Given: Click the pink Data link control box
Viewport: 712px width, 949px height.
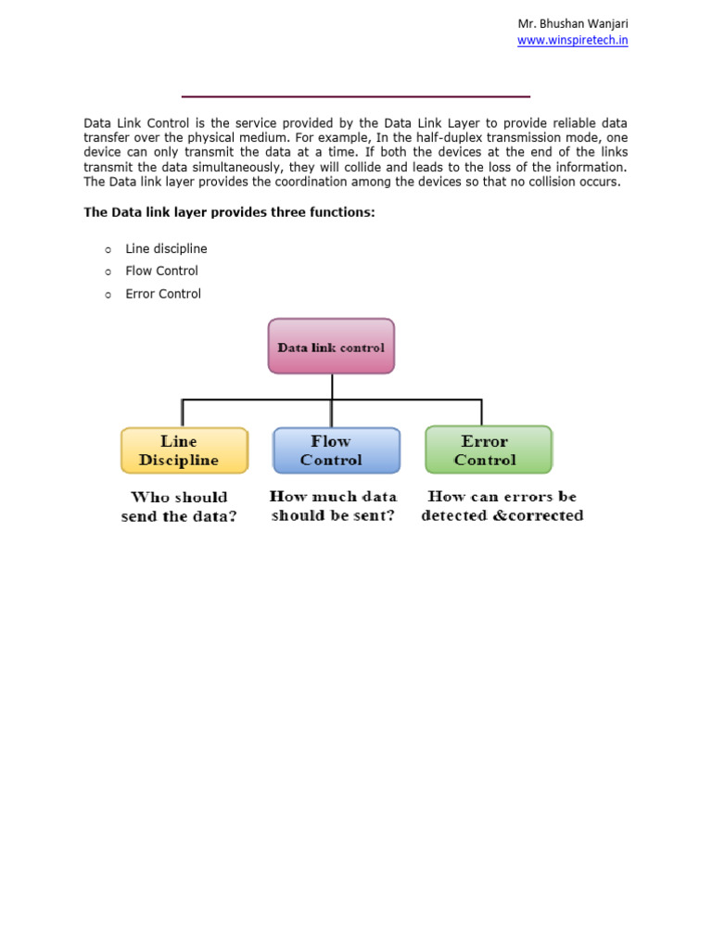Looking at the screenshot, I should pos(331,347).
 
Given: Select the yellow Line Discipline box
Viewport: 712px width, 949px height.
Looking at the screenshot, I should pos(184,450).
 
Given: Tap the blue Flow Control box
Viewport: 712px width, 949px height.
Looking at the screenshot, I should pos(336,450).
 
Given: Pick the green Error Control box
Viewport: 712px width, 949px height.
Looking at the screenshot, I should pos(488,450).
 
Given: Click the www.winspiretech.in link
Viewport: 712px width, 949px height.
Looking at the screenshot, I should pos(572,41).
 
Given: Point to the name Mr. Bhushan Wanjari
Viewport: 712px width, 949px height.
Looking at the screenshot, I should pos(572,23).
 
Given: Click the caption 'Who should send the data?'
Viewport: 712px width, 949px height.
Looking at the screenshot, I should pos(179,507).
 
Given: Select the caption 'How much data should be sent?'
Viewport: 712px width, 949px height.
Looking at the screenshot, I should pos(333,506).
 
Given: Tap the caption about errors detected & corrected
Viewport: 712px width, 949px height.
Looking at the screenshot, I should pos(502,506).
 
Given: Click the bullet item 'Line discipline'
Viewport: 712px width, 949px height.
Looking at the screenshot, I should pos(166,249).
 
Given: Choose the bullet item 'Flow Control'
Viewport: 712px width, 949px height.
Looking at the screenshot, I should pos(161,272).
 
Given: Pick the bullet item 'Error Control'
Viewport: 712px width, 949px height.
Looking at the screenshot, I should pos(163,294).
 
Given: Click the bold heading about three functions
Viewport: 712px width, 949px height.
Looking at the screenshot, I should pos(229,212).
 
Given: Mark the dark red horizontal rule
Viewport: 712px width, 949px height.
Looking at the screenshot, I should pos(355,96).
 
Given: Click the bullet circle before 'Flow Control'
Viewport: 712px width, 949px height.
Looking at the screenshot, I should pos(108,272).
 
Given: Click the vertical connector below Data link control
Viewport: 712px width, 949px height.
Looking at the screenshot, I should pos(332,386).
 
